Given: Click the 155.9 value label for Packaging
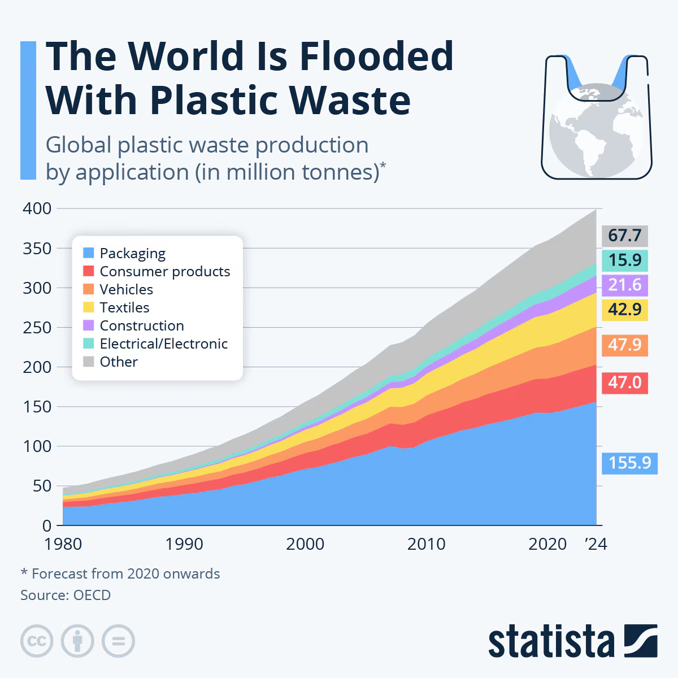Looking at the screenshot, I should click(629, 463).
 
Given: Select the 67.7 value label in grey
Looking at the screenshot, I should click(624, 235).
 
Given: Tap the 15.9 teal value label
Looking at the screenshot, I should click(624, 260).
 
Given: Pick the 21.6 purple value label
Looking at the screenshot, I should click(624, 285).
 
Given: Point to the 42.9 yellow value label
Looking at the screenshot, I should click(624, 310).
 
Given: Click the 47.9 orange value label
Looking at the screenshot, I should click(624, 345).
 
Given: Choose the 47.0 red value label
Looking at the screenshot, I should click(624, 383).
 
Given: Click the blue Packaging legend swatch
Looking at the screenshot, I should click(89, 253).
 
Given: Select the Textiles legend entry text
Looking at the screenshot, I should click(124, 307).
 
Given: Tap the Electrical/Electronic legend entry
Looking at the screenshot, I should click(163, 344).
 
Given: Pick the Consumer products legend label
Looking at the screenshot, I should click(164, 271).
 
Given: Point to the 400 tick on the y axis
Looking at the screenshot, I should click(37, 208).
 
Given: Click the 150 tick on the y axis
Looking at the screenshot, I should click(37, 406).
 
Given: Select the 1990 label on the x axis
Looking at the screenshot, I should click(184, 544).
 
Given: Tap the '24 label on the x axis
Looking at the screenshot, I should click(596, 544).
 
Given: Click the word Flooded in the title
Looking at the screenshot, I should click(376, 56).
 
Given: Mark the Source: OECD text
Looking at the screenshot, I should click(66, 595).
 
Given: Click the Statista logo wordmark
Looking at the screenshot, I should click(551, 641).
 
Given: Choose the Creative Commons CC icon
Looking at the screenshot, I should click(37, 641).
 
